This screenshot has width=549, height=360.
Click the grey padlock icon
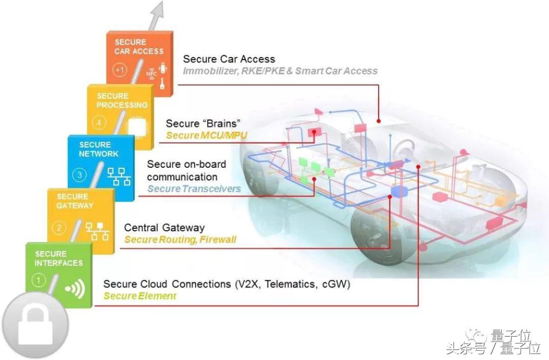click(x=35, y=325)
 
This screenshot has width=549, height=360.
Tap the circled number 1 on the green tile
click(x=39, y=280)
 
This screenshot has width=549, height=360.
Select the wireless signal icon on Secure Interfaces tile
click(x=75, y=289)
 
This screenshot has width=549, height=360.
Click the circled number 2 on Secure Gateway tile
click(x=59, y=228)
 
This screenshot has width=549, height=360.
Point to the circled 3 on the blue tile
click(x=79, y=175)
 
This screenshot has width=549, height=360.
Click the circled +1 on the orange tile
click(x=120, y=70)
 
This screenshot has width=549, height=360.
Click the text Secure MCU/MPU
click(x=206, y=136)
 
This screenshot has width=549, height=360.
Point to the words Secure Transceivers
click(x=194, y=189)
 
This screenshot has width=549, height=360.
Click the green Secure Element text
click(x=140, y=296)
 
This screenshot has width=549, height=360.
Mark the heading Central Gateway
click(x=164, y=228)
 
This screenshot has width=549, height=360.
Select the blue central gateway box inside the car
click(x=399, y=192)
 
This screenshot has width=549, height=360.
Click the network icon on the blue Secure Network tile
click(x=119, y=176)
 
